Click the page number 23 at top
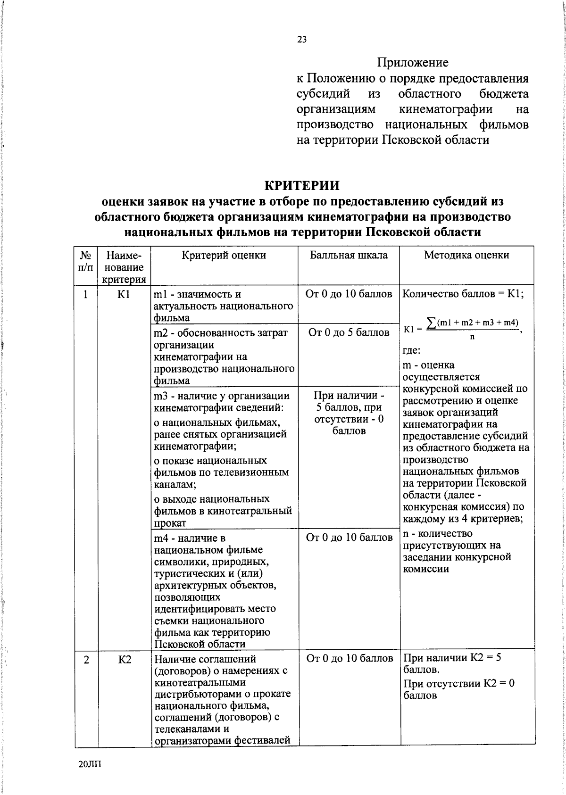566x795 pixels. click(x=302, y=40)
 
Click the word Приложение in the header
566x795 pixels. click(x=412, y=62)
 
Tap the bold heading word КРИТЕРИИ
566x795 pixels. click(x=302, y=185)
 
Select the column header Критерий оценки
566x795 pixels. click(x=224, y=255)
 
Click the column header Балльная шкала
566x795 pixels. click(x=349, y=255)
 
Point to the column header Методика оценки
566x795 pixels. click(x=466, y=255)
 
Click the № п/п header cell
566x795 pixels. click(x=85, y=261)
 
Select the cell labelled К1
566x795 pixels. click(x=124, y=294)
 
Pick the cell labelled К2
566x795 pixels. click(x=124, y=660)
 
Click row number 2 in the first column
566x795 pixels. click(x=86, y=660)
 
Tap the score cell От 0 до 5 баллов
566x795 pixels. click(x=349, y=333)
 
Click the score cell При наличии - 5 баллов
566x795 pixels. click(x=349, y=413)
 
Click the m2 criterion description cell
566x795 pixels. click(x=224, y=356)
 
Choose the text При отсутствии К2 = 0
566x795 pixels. click(x=458, y=683)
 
